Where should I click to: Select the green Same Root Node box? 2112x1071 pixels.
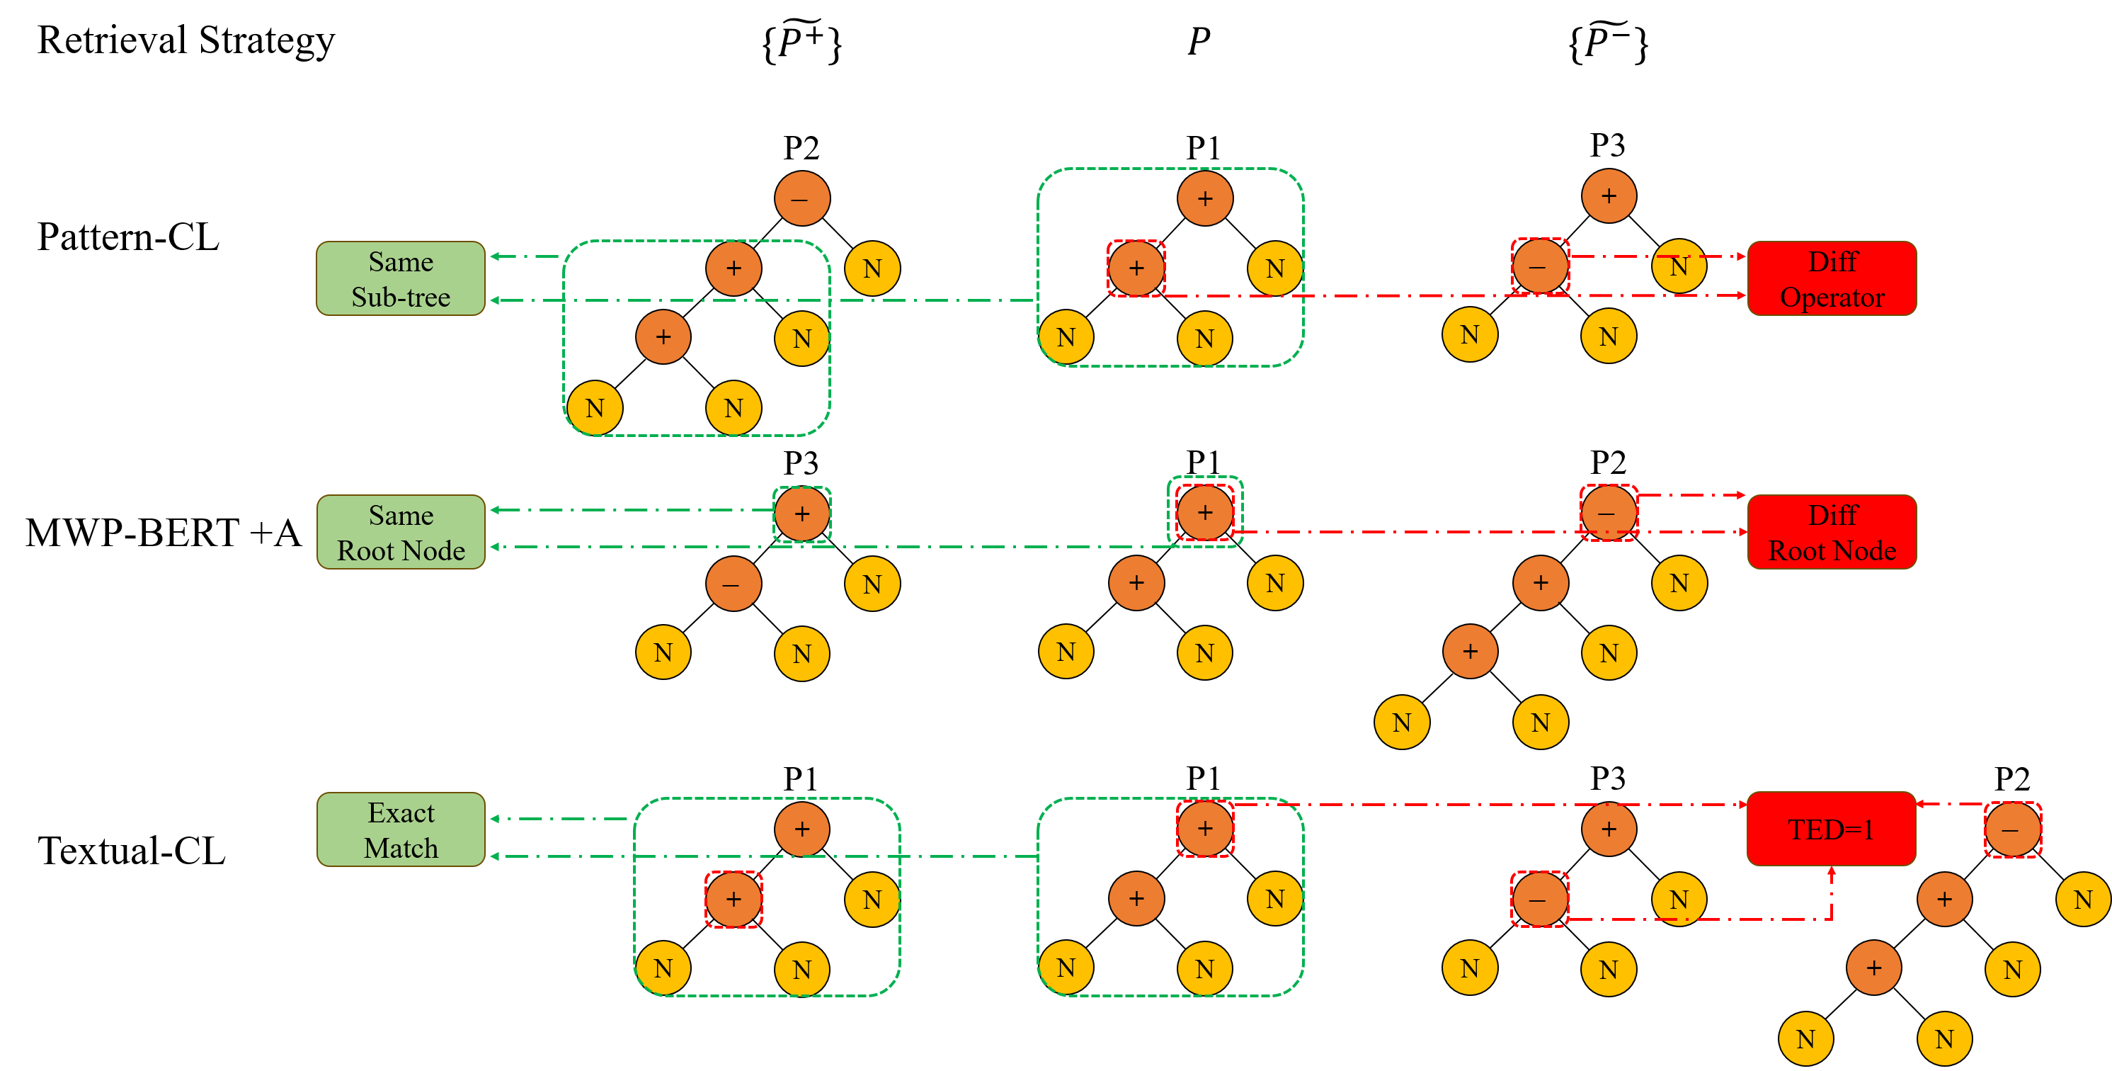point(400,532)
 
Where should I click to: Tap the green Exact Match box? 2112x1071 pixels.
point(400,829)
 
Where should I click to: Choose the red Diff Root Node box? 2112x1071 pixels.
point(1832,532)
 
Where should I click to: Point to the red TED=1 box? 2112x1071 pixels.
point(1831,829)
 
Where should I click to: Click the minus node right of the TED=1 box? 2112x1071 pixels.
point(2012,829)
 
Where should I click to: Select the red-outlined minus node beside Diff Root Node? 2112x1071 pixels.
point(1609,514)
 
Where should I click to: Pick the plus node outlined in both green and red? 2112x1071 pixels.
point(1204,514)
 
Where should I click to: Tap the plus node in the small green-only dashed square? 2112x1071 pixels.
point(802,514)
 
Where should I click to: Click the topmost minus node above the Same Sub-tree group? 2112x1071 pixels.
point(802,198)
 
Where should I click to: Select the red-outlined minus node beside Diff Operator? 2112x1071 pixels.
point(1540,266)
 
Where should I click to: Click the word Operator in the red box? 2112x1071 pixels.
point(1832,297)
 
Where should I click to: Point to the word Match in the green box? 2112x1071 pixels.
point(400,848)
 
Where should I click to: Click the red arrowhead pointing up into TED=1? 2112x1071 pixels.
point(1831,872)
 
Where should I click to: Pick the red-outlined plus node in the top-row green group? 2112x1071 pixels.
point(1136,268)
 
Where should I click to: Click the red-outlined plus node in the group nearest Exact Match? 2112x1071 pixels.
point(733,900)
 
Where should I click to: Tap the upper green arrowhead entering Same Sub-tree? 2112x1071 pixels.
point(495,256)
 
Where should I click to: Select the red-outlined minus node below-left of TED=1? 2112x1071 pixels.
point(1539,900)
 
